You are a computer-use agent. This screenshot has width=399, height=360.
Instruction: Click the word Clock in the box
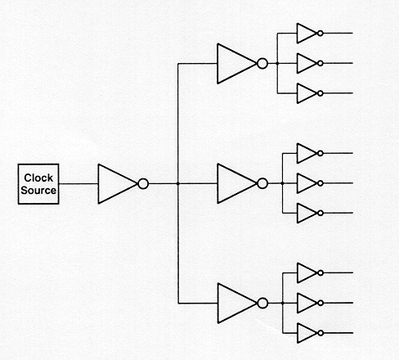coord(38,178)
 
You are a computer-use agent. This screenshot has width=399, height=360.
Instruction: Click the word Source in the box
coord(38,190)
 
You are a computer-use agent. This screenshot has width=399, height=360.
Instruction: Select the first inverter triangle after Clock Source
coord(117,184)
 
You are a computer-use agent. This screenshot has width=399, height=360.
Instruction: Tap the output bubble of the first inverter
coord(143,184)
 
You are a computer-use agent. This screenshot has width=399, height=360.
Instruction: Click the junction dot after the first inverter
coord(178,184)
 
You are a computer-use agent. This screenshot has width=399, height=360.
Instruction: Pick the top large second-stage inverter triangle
coord(236,64)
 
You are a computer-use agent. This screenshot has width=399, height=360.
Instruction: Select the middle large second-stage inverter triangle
coord(236,183)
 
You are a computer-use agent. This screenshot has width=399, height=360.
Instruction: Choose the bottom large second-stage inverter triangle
coord(237,304)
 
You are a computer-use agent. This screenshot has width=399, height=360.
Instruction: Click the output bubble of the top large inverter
coord(262,64)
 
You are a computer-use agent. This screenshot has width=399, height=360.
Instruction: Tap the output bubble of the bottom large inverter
coord(262,304)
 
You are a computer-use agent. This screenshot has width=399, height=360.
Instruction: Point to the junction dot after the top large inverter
coord(277,64)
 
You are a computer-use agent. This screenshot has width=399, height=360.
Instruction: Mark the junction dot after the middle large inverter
coord(282,183)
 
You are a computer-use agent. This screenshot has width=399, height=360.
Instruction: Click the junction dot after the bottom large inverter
coord(283,303)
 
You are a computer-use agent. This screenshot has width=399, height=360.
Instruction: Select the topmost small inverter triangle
coord(307,34)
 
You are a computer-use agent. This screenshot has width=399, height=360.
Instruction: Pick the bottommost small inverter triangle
coord(307,333)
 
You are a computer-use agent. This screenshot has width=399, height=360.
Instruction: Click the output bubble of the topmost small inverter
coord(321,34)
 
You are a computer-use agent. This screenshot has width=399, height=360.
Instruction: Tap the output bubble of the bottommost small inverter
coord(321,333)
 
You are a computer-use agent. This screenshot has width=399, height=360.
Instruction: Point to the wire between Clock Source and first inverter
coord(78,184)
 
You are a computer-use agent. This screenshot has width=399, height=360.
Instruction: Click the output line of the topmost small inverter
coord(338,34)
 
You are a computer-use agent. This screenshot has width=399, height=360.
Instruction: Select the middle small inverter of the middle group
coord(307,183)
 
